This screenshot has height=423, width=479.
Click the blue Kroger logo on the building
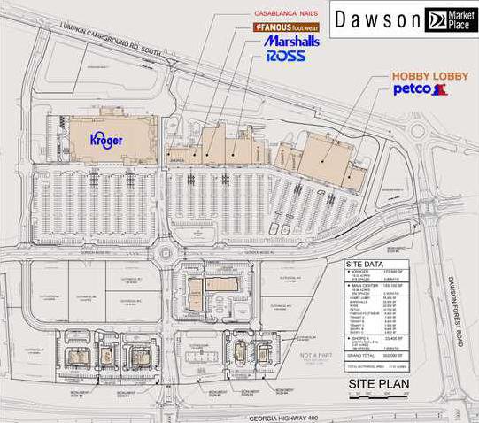tap(105, 140)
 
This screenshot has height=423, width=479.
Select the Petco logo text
tap(413, 89)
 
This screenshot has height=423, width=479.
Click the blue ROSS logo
tap(285, 56)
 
